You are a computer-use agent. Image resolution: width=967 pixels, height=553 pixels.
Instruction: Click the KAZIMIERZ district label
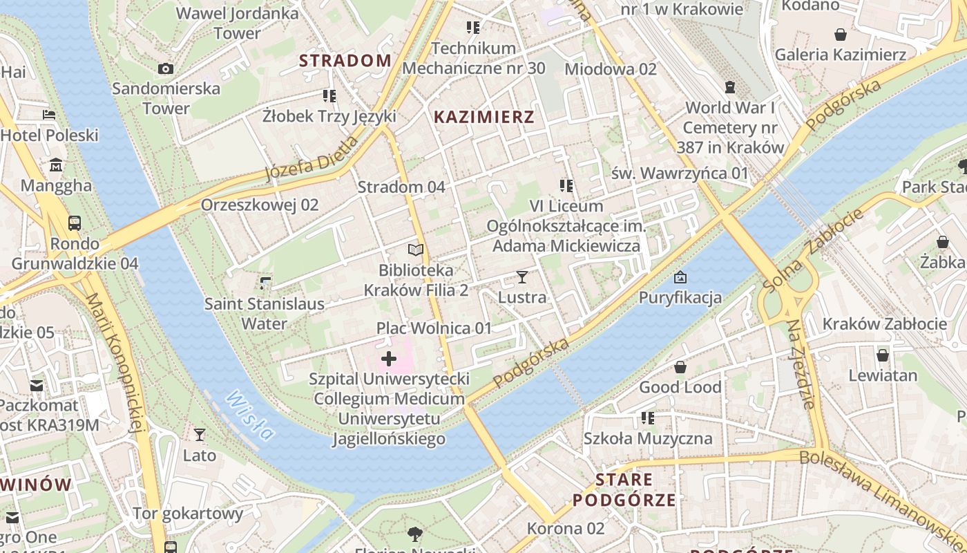[x=483, y=117]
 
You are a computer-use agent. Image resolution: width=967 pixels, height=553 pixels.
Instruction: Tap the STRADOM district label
[x=345, y=61]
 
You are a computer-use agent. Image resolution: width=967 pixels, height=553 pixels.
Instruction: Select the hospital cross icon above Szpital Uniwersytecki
[x=389, y=359]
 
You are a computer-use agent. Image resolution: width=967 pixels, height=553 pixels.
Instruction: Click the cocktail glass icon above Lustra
[x=521, y=277]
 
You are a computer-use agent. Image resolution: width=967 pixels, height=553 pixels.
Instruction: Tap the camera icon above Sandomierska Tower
[x=166, y=68]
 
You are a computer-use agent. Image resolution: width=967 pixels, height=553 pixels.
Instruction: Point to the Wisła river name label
[x=249, y=415]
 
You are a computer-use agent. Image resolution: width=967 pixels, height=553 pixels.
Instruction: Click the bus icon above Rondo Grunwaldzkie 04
[x=75, y=223]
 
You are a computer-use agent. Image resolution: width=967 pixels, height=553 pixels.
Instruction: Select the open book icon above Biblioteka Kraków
[x=415, y=250]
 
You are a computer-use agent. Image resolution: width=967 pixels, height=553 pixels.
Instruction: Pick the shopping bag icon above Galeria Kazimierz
[x=841, y=35]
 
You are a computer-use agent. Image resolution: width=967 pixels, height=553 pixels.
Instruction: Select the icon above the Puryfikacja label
[x=680, y=277]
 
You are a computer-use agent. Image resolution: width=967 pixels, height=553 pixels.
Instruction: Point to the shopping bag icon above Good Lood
[x=680, y=367]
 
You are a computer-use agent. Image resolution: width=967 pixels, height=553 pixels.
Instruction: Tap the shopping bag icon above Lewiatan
[x=882, y=355]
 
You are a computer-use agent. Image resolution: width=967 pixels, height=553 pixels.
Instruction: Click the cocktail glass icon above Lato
[x=199, y=434]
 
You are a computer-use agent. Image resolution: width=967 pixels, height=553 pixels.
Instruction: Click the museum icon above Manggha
[x=56, y=165]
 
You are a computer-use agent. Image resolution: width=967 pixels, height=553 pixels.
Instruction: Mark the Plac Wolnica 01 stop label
[x=434, y=328]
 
